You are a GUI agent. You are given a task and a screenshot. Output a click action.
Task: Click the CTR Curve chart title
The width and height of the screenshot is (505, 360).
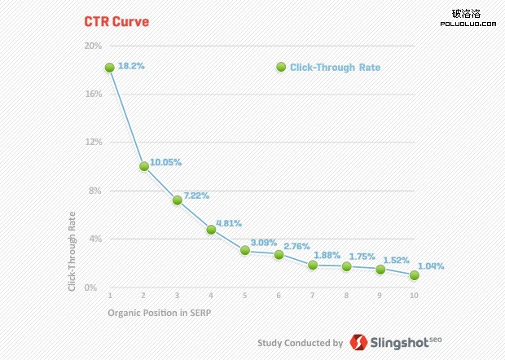tap(117, 22)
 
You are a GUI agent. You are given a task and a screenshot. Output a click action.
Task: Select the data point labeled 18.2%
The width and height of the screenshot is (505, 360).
tap(109, 68)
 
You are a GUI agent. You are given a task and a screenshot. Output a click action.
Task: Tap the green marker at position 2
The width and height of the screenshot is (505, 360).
tap(143, 166)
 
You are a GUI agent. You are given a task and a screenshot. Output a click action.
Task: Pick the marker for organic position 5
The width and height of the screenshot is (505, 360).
tap(244, 250)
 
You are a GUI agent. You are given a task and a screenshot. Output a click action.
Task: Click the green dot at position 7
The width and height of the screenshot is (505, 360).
tap(312, 265)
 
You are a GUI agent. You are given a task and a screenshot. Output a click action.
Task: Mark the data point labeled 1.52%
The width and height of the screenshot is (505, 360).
tap(380, 269)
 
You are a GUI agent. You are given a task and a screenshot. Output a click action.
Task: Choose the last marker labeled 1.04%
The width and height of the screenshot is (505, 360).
tap(414, 275)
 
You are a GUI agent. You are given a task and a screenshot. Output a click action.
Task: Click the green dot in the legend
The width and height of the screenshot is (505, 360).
tap(281, 68)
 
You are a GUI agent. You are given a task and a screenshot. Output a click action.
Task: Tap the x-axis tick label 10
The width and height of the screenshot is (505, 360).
tap(414, 294)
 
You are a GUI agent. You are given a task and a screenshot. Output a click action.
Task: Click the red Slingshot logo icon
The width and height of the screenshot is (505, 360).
tap(358, 343)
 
